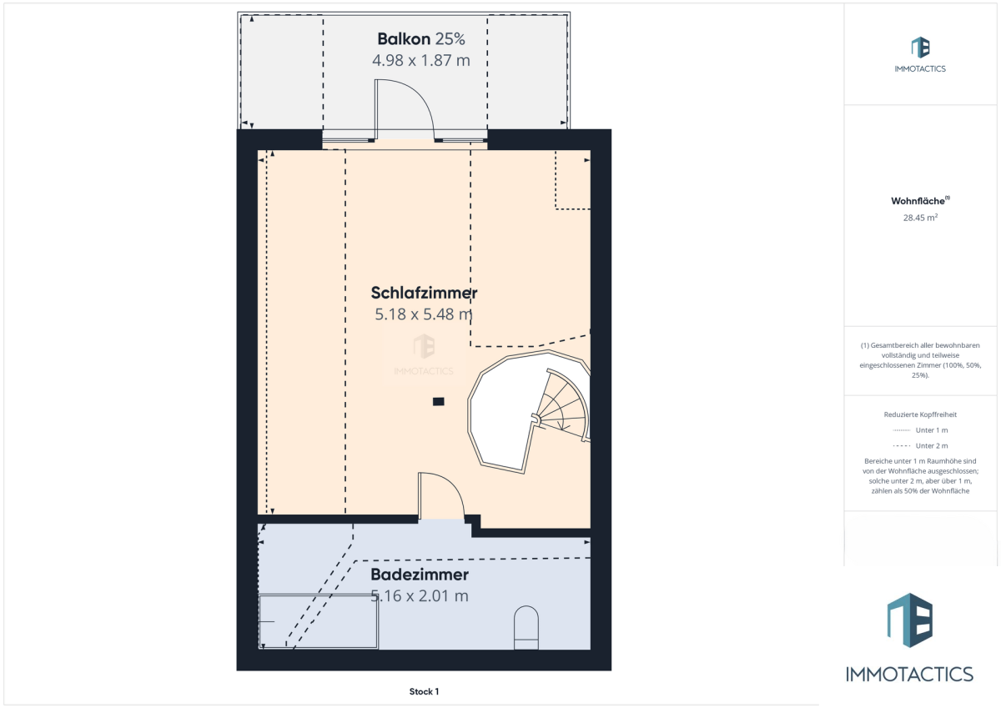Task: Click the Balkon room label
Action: [404, 39]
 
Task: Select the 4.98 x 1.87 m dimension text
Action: [421, 60]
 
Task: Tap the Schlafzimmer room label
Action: [424, 293]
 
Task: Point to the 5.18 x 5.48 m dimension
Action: [424, 314]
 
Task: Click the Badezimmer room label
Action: [420, 575]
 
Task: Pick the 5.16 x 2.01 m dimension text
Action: [420, 596]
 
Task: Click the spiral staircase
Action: [529, 412]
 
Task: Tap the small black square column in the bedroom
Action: [439, 402]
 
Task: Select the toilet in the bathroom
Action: [526, 627]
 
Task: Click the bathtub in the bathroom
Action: [318, 621]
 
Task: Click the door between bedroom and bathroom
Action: [441, 496]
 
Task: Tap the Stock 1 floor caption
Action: [424, 691]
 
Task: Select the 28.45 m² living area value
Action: [920, 218]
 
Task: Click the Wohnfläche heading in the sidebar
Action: [918, 201]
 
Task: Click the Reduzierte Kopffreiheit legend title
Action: [920, 414]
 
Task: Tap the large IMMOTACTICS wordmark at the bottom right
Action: [909, 675]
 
